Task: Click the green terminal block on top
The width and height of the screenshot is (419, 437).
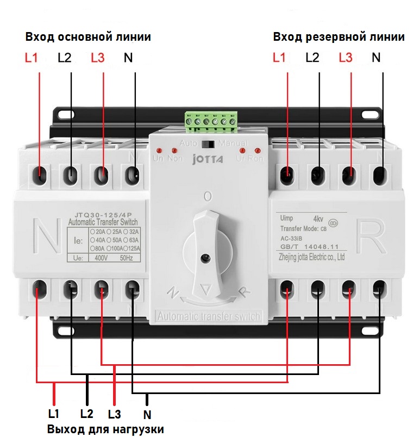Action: click(210, 122)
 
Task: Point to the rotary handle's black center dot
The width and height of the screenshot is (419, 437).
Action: click(205, 259)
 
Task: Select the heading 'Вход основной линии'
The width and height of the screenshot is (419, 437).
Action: click(88, 37)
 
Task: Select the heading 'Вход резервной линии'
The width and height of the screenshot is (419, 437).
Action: click(339, 37)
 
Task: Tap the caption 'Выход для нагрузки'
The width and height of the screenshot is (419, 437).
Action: click(105, 429)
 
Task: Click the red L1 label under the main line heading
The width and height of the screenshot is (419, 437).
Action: click(32, 58)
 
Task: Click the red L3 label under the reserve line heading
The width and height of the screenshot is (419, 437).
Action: click(346, 57)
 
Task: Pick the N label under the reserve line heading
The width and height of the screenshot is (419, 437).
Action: click(376, 57)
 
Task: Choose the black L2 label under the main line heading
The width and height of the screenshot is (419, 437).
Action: click(64, 58)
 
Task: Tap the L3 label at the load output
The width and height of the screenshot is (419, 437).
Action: click(114, 414)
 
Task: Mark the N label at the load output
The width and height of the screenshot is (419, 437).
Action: click(147, 415)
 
